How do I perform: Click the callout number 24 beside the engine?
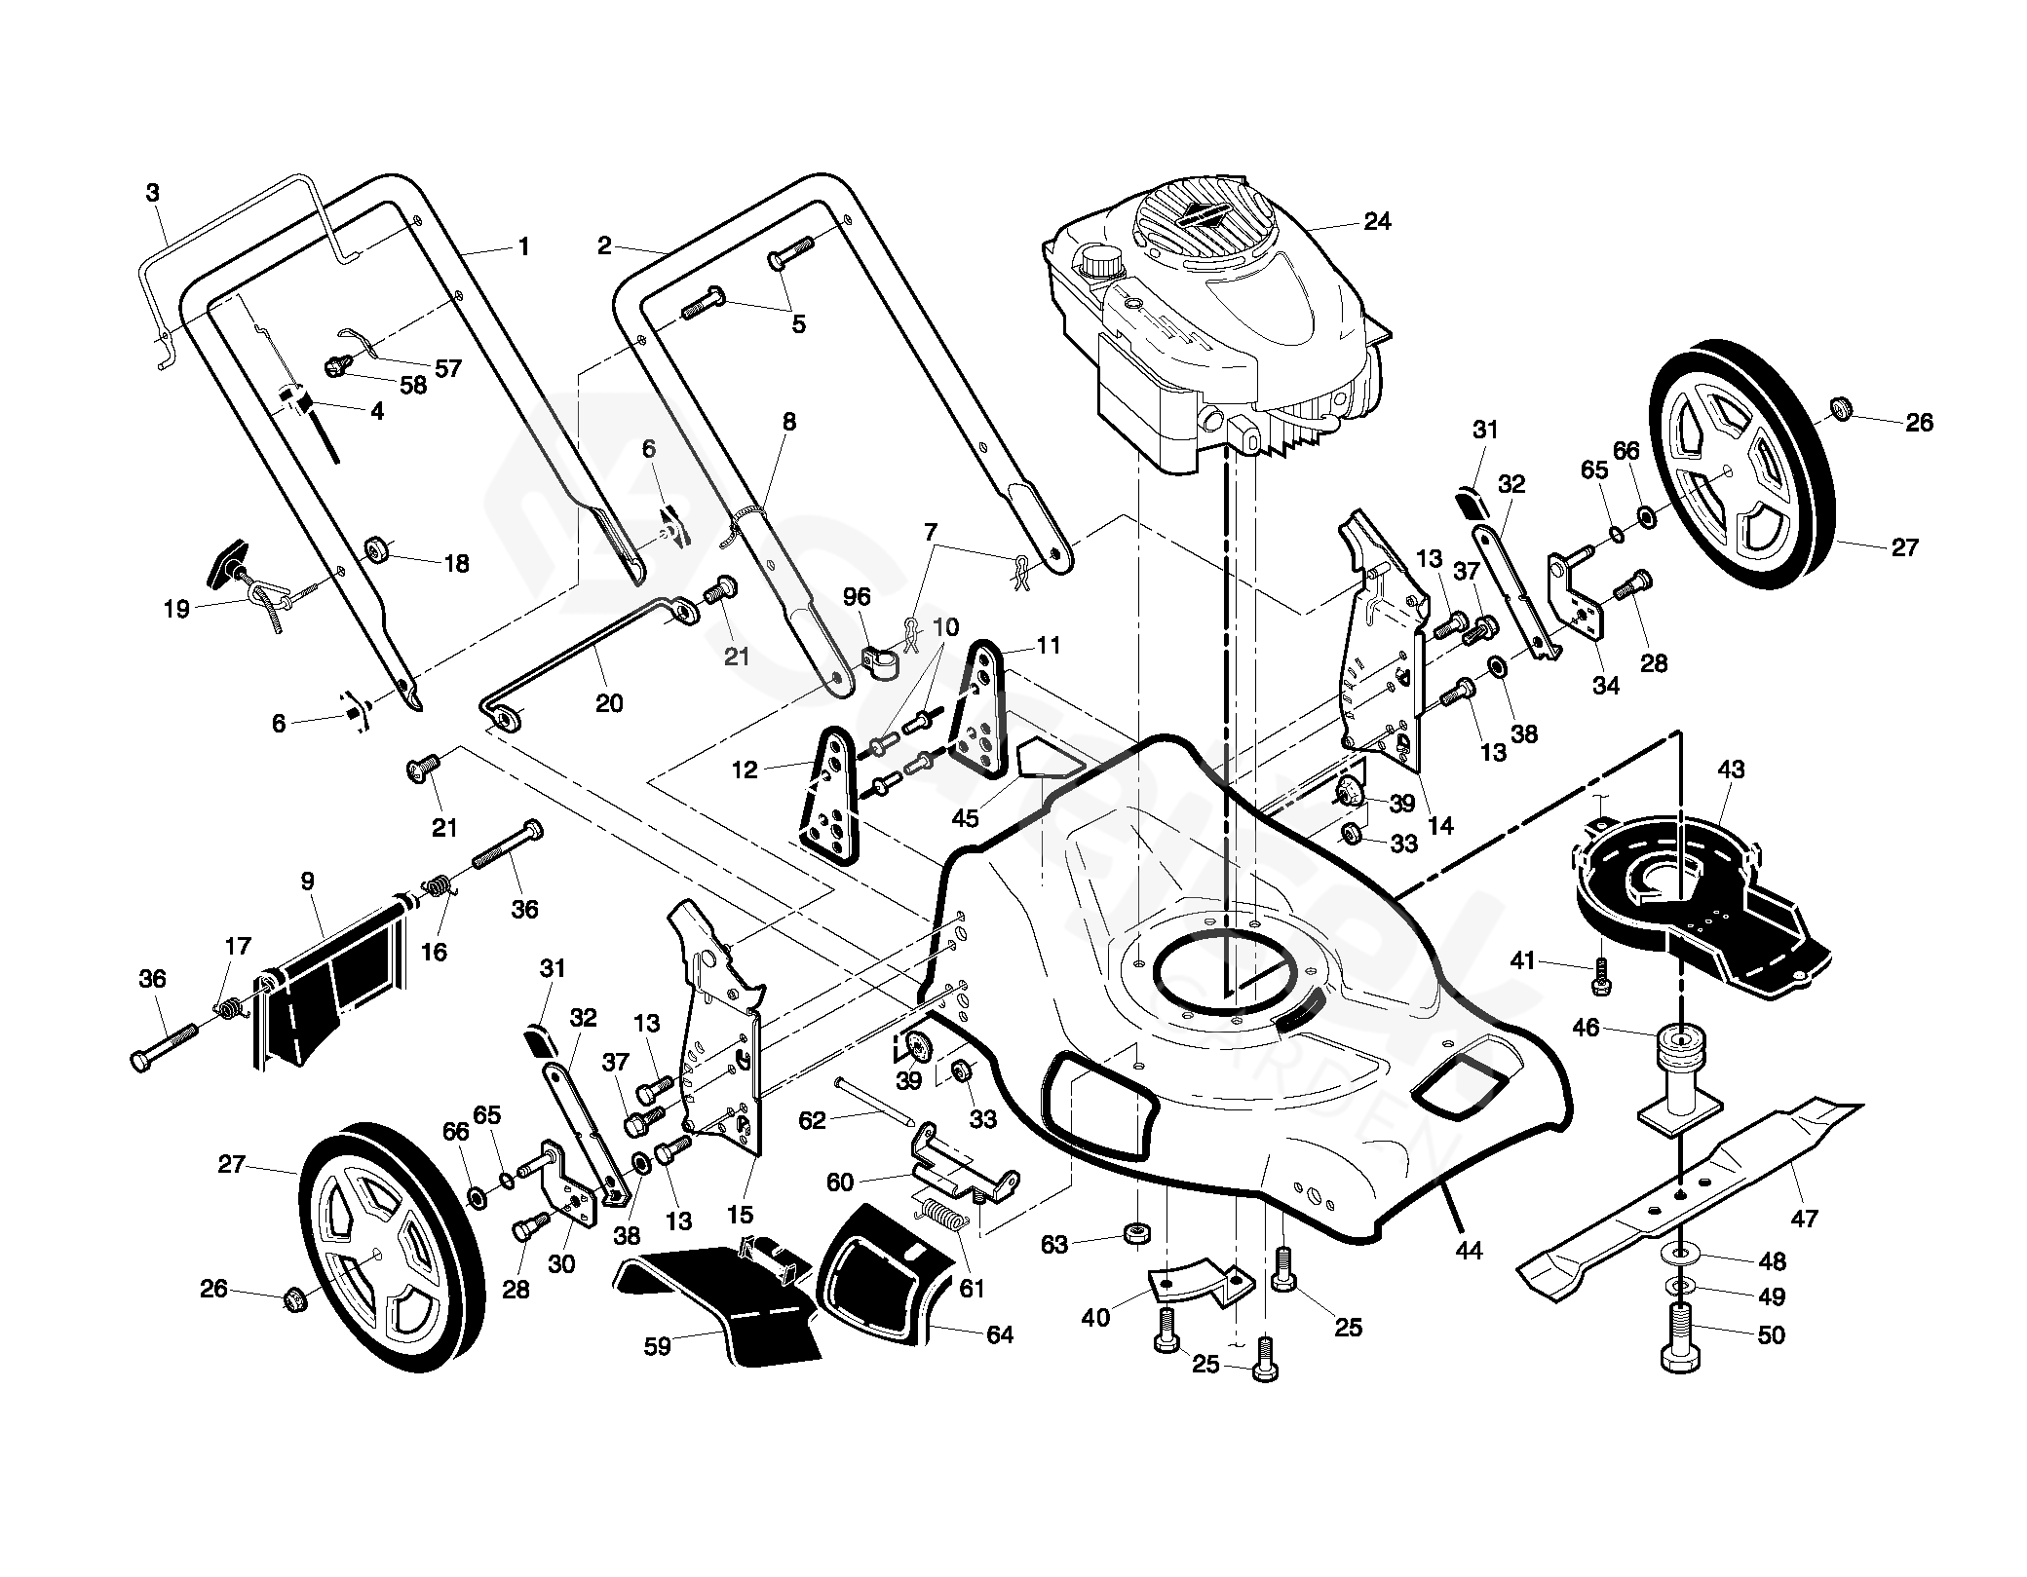[1377, 222]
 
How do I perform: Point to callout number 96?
[858, 596]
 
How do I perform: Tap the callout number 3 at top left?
[152, 193]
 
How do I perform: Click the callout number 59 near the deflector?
[658, 1348]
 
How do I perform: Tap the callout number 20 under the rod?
[608, 703]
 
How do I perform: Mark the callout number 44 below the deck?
[1468, 1250]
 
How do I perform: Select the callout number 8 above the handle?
[788, 421]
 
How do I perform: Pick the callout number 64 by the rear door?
[999, 1334]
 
